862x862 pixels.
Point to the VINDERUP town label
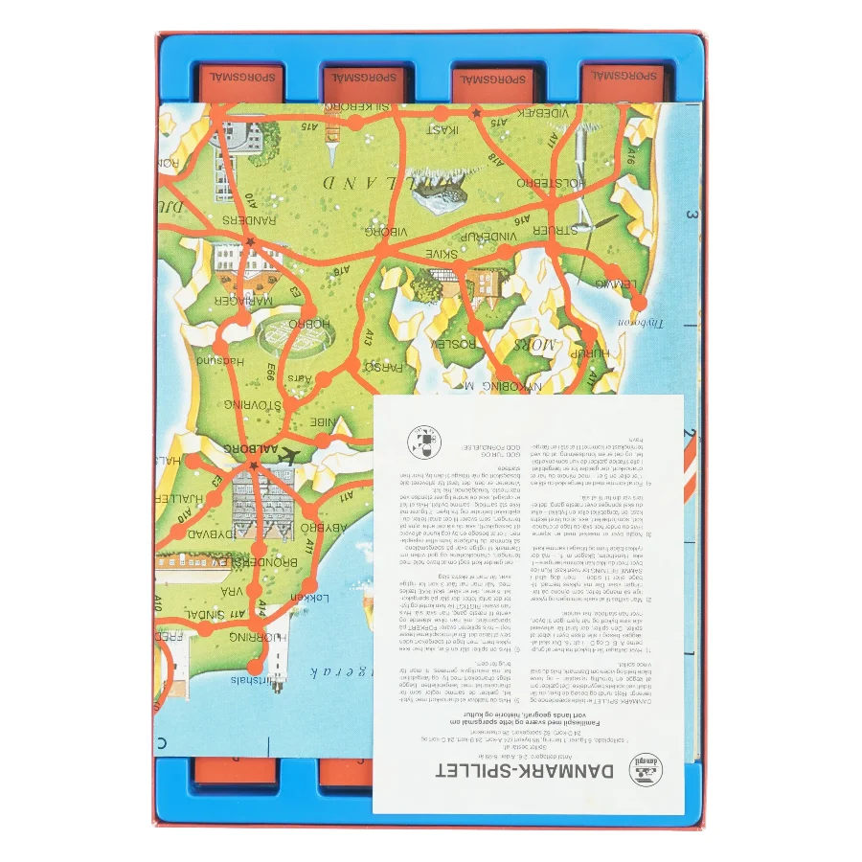pyautogui.click(x=488, y=235)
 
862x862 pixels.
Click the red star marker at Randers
pyautogui.click(x=250, y=242)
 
